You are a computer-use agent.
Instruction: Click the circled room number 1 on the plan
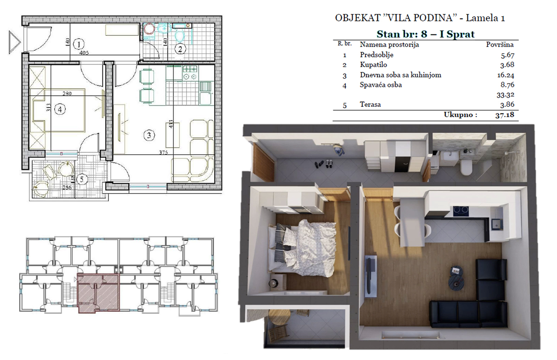point(79,45)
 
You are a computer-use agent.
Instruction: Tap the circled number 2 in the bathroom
point(180,49)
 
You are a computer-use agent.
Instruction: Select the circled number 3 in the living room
point(149,135)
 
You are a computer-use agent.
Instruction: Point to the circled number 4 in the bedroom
point(60,109)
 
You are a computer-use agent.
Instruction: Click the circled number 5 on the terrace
point(82,179)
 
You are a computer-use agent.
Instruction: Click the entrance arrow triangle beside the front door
point(14,42)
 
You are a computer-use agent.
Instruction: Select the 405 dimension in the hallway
point(84,53)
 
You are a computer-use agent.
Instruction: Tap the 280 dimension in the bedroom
point(67,93)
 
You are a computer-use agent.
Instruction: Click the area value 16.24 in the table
point(506,75)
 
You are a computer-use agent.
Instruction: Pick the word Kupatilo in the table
point(374,65)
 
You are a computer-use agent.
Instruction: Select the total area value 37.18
point(505,115)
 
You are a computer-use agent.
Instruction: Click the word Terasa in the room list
point(370,104)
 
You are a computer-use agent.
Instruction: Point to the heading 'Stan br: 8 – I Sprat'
point(426,34)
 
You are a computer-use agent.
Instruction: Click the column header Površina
point(500,45)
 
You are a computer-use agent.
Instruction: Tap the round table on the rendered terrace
point(280,317)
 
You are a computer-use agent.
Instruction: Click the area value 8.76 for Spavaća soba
point(507,85)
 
